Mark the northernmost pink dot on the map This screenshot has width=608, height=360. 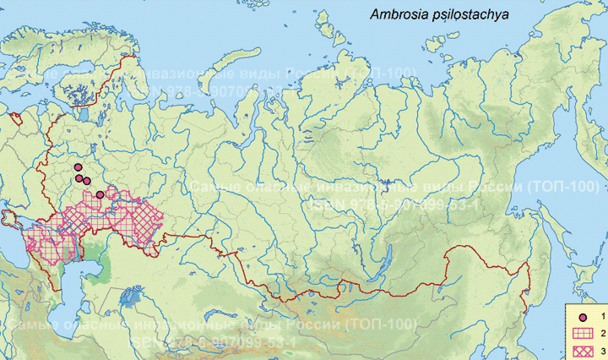(77, 167)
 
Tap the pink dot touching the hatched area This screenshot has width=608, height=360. (100, 194)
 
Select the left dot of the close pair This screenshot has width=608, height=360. (79, 177)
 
